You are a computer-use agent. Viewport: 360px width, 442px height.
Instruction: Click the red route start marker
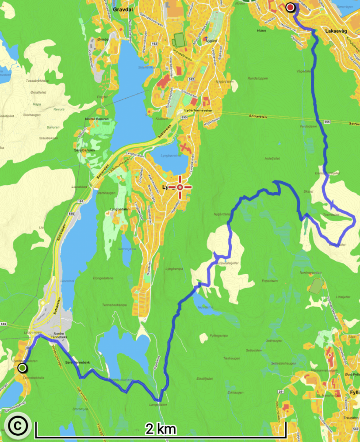pos(290,7)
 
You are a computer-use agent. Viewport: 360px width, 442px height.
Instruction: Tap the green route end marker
pos(22,368)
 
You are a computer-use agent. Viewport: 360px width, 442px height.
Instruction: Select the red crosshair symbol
pos(180,187)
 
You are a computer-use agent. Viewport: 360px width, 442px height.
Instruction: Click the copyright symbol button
pos(17,426)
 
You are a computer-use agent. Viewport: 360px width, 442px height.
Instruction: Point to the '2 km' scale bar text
pos(160,428)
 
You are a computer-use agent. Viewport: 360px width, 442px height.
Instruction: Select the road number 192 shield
pos(154,44)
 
